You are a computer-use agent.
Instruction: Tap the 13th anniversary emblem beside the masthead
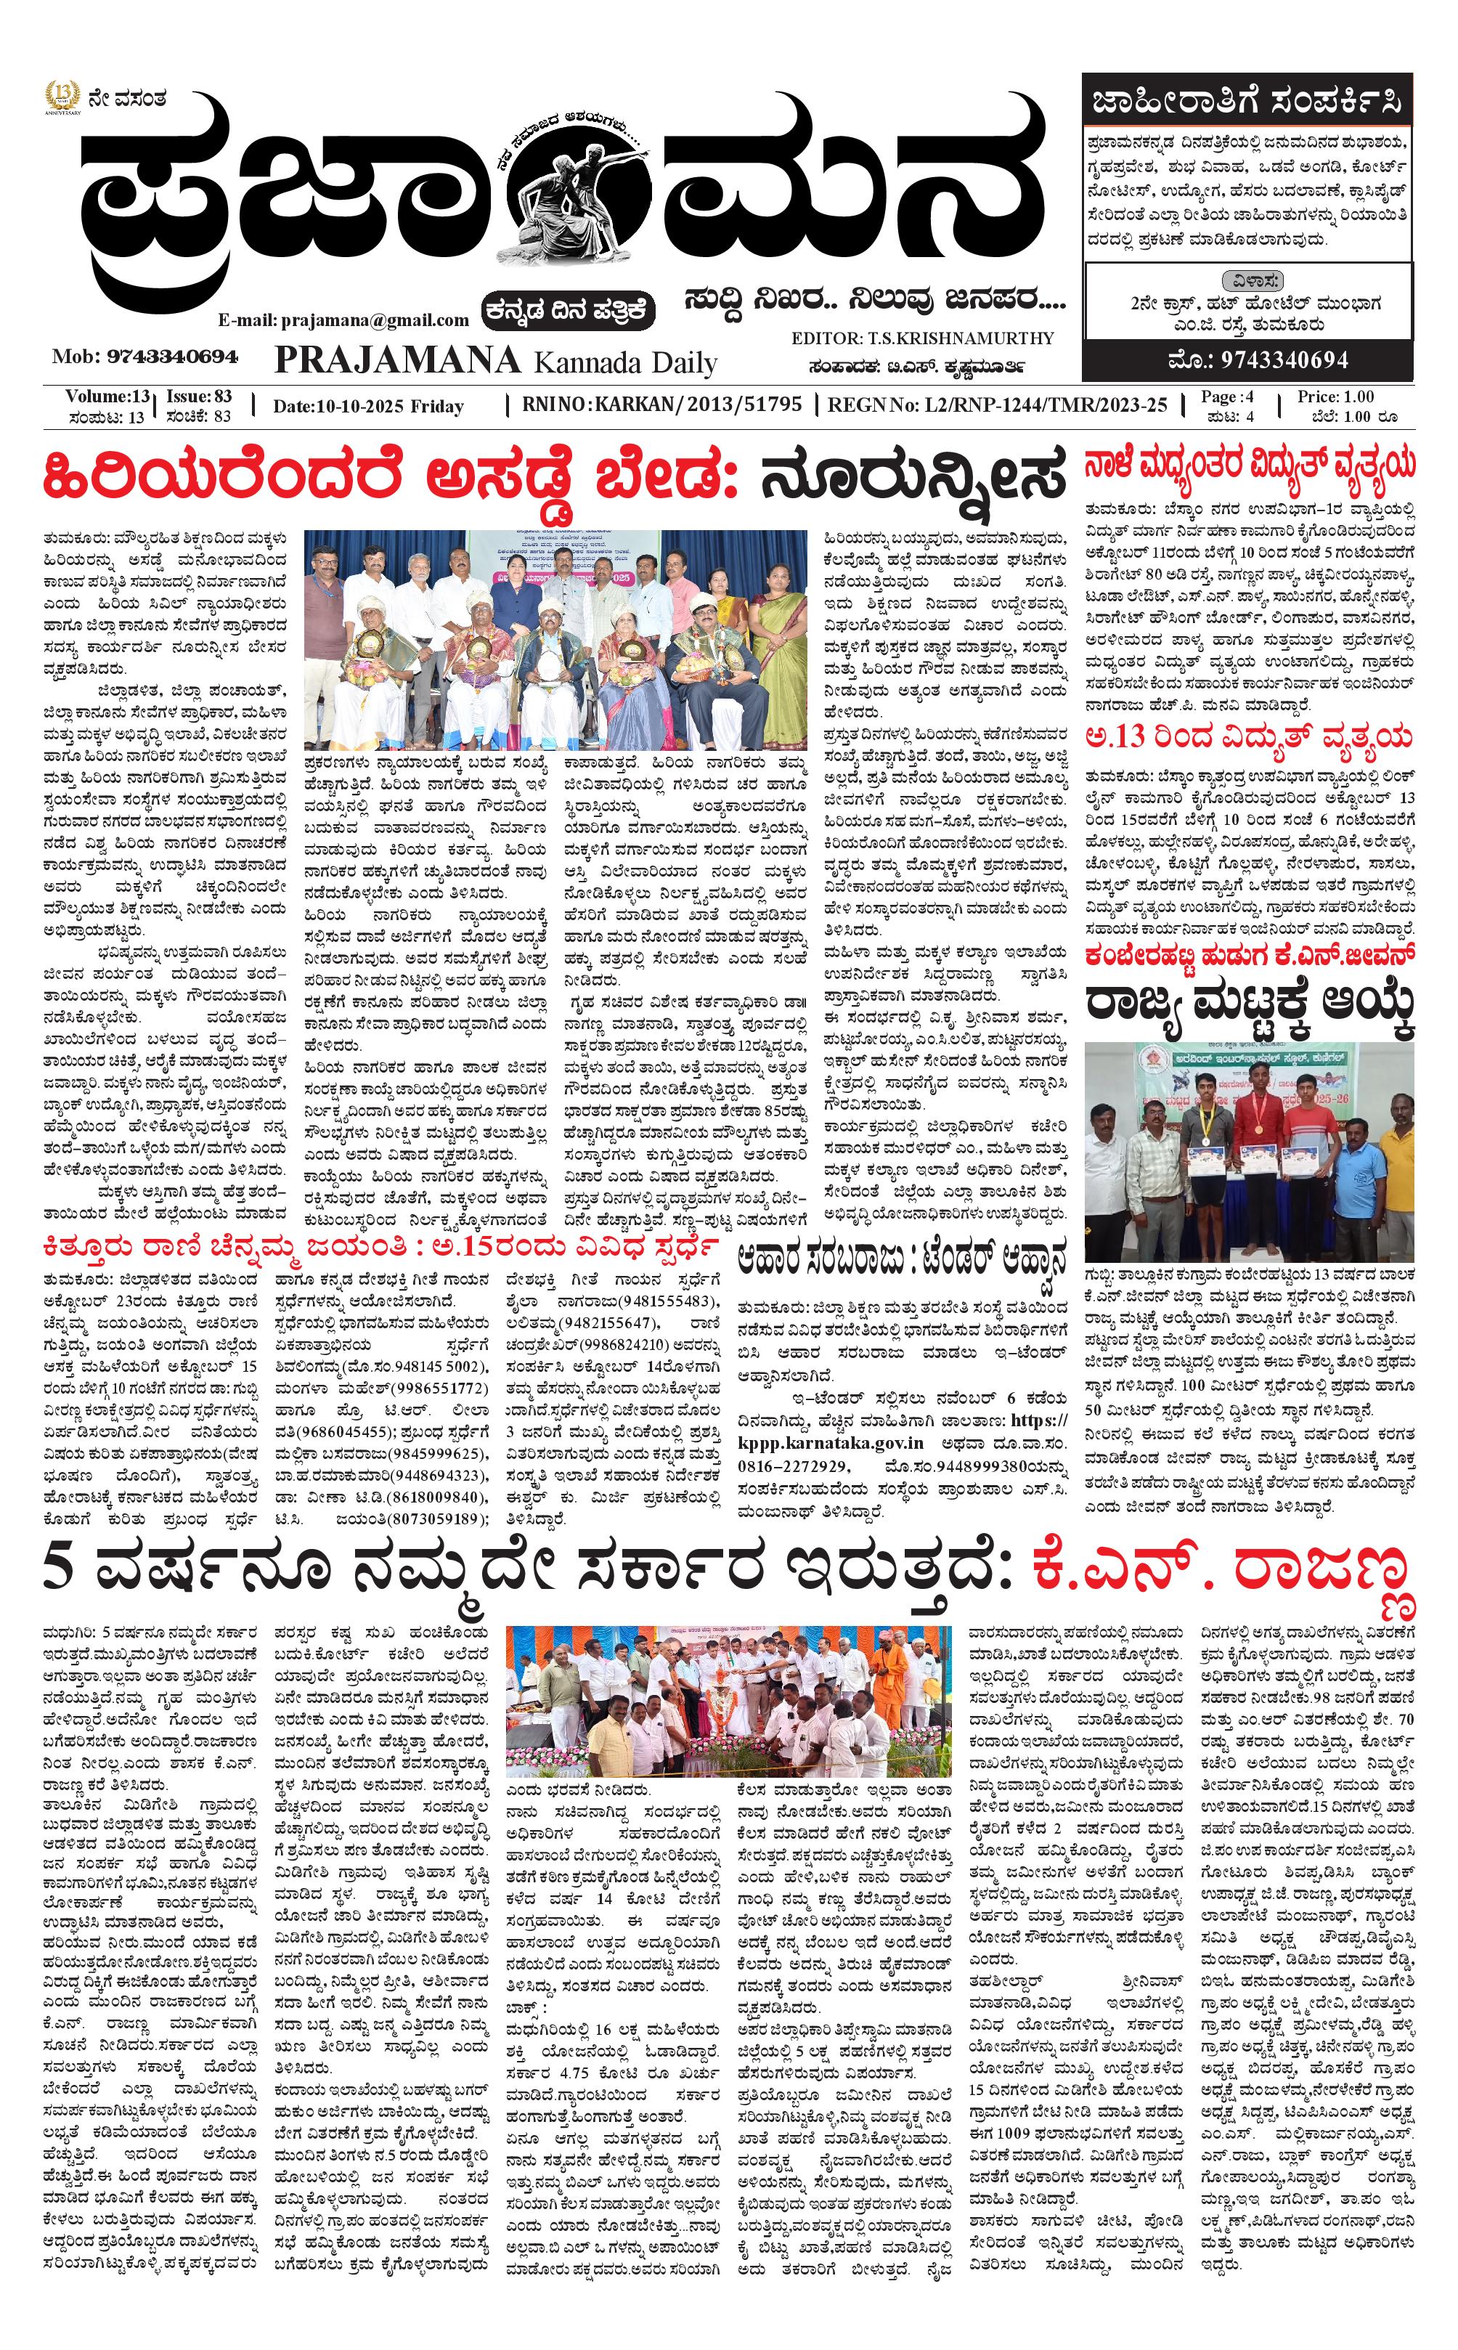(62, 97)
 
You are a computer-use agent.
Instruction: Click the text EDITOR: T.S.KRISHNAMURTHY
(923, 338)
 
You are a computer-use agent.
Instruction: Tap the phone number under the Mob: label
(173, 357)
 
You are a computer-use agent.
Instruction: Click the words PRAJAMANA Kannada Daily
(496, 362)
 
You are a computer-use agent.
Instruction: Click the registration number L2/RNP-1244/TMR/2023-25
(1043, 405)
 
